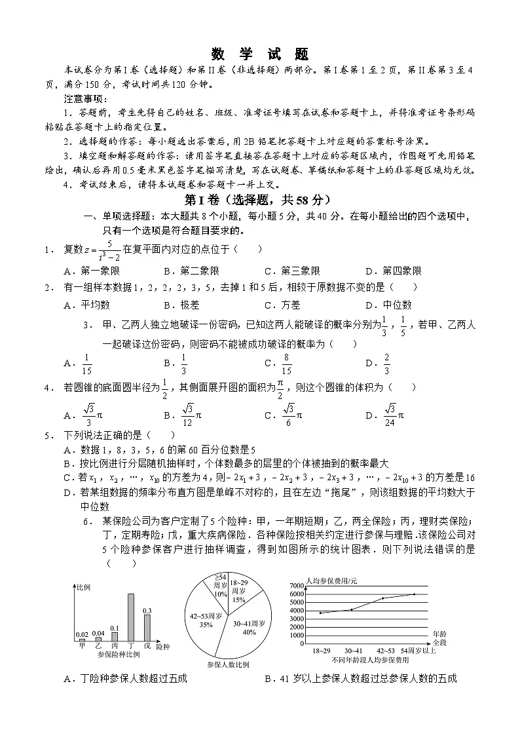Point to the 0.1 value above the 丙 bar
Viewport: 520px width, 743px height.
(114, 628)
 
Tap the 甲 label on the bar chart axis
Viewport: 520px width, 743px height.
(82, 645)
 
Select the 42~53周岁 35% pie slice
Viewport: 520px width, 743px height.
(206, 619)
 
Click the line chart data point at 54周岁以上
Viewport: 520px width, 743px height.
(414, 594)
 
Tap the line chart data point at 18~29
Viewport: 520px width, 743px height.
(320, 613)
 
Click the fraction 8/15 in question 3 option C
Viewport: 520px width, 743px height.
(286, 363)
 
